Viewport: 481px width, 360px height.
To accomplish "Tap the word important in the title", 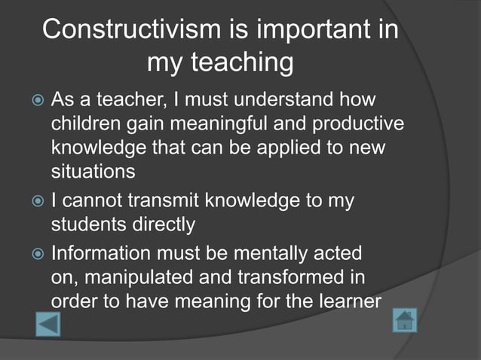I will click(x=310, y=29).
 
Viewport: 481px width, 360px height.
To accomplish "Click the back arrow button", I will click(x=47, y=324).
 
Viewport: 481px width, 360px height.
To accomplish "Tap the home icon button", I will click(x=405, y=321).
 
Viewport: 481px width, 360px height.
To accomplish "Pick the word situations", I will click(x=93, y=171).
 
